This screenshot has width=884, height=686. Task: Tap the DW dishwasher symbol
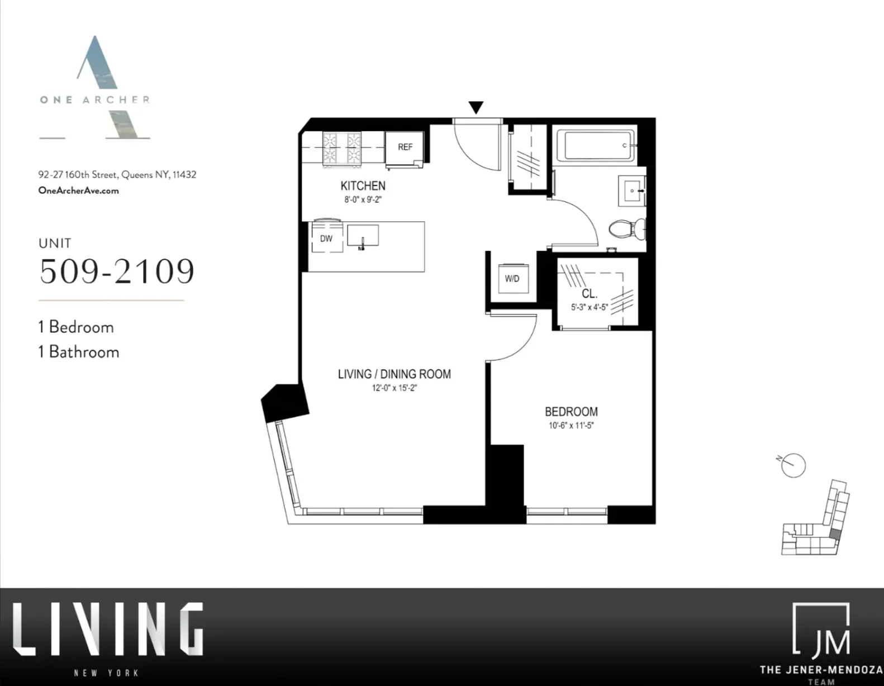point(326,238)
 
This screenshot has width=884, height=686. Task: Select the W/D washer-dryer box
point(512,278)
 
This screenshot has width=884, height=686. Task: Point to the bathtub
point(599,146)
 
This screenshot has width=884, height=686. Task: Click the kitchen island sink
point(363,236)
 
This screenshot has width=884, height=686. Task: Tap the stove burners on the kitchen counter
point(342,148)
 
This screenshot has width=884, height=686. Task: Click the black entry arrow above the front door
point(476,107)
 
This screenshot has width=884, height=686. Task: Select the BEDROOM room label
point(571,412)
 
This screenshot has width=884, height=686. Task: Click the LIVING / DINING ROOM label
point(394,374)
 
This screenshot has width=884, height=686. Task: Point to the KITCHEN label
point(363,186)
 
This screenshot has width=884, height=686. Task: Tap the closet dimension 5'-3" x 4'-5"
point(590,307)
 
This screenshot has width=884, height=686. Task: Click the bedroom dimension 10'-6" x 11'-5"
point(571,426)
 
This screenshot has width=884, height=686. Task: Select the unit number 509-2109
point(117,271)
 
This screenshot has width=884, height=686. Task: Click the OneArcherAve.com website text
point(78,190)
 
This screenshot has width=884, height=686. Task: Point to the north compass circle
point(793,465)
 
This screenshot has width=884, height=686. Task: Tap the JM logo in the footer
point(821,630)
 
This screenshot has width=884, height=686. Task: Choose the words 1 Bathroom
point(79,352)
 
